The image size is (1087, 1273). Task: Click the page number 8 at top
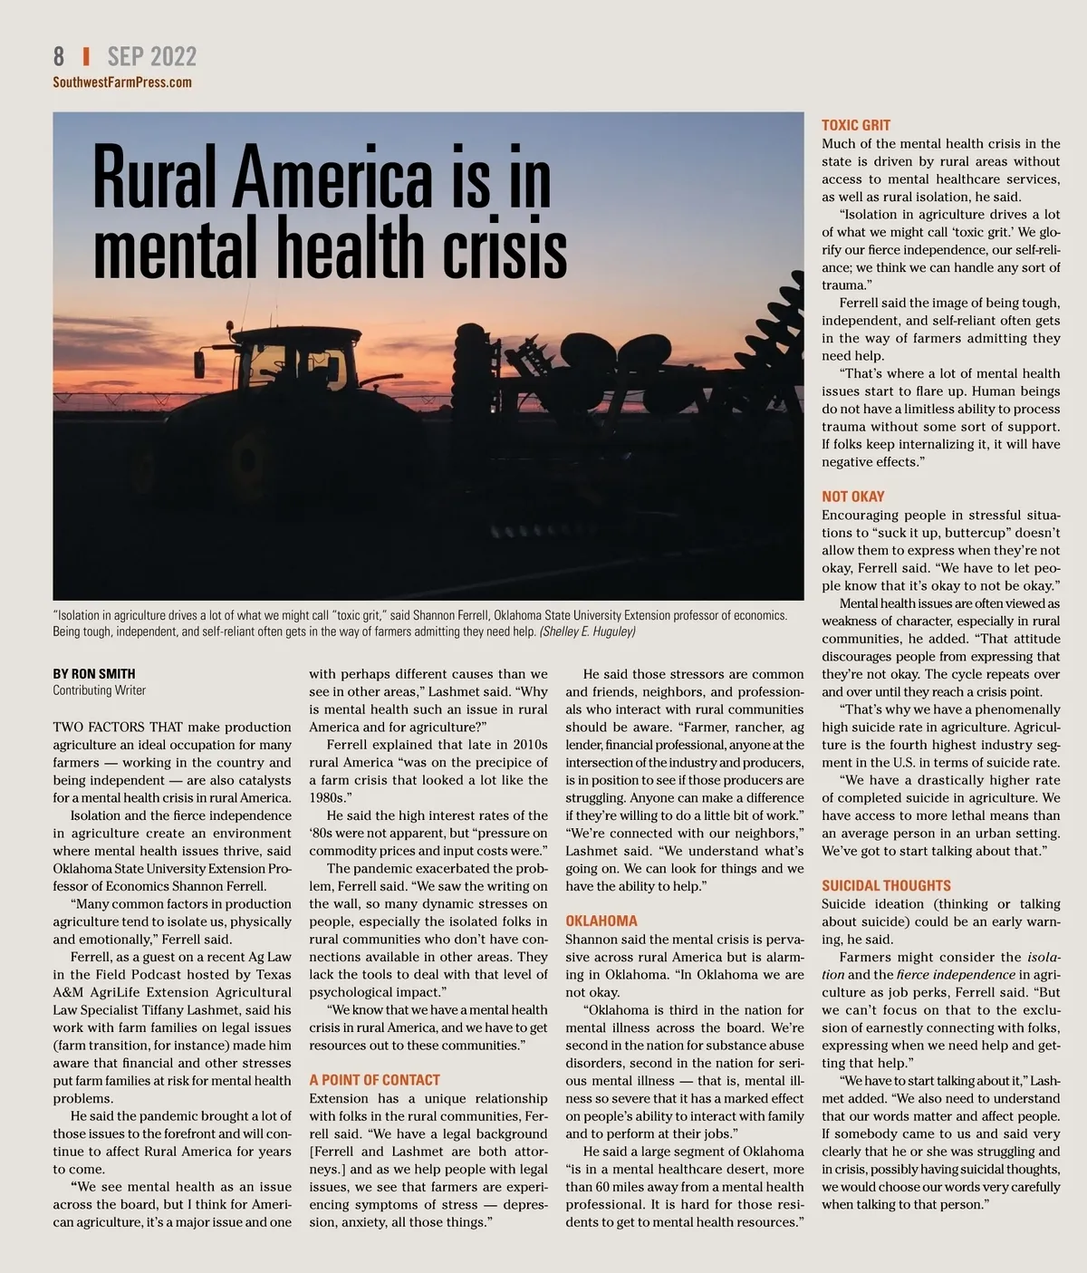click(x=59, y=56)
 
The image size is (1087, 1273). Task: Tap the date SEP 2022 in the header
click(x=151, y=56)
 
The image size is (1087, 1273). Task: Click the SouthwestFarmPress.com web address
click(x=122, y=82)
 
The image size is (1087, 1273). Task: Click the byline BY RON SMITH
click(x=94, y=673)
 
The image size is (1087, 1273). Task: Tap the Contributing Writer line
click(x=100, y=690)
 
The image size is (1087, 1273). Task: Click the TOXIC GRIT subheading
click(x=856, y=125)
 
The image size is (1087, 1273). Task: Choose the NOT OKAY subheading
click(x=853, y=497)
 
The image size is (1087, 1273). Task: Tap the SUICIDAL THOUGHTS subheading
click(x=886, y=885)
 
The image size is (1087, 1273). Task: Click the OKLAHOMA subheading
click(x=601, y=921)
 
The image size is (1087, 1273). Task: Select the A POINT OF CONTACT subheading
click(x=374, y=1080)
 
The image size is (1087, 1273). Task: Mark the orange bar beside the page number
click(x=86, y=56)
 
